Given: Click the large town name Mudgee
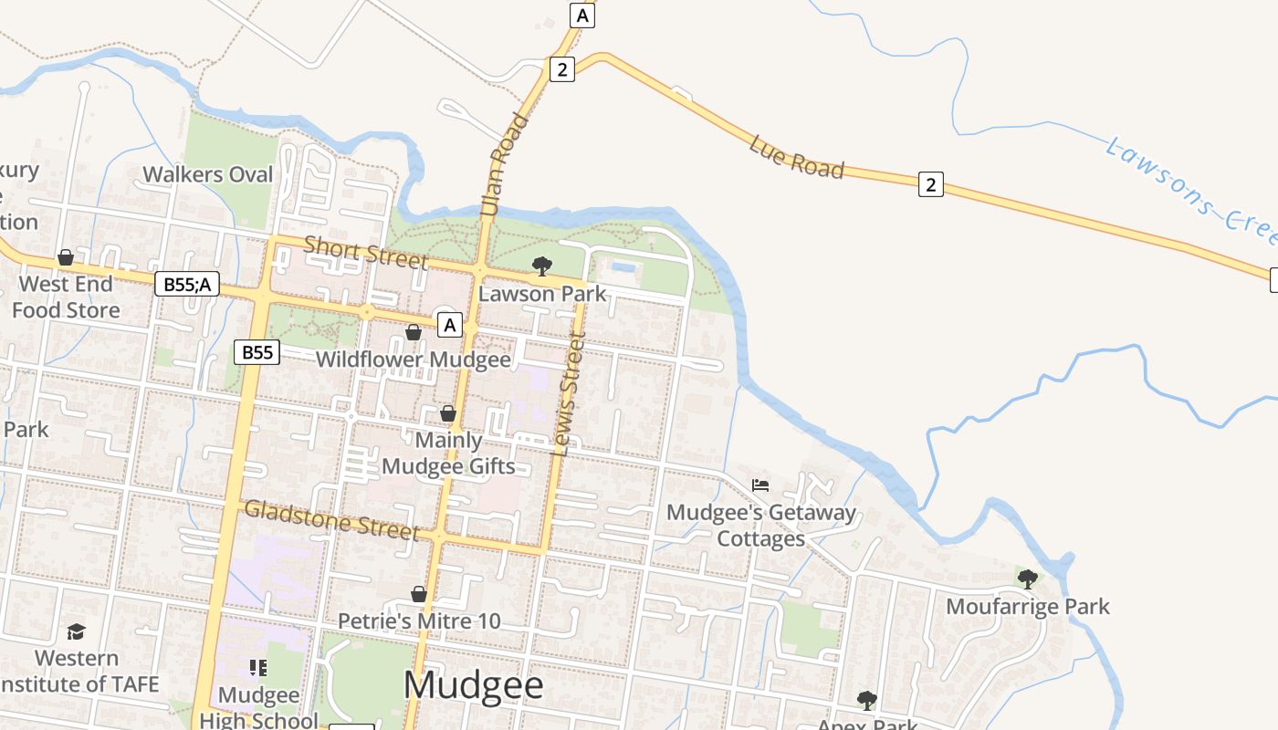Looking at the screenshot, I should pos(473,685).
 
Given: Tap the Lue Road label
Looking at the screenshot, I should pos(796,157).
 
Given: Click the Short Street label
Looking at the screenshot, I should pos(365,252).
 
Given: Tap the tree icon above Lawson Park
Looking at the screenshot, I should pos(541,266).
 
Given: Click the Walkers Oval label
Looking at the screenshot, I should pos(208,174).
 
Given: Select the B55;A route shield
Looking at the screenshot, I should pos(187,285).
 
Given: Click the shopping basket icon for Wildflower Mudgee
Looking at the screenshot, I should pos(413,332).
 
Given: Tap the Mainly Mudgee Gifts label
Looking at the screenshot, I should pos(448,454).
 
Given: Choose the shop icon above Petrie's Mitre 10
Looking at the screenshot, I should pos(419,595).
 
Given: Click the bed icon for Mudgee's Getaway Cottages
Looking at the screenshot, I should pos(759,485).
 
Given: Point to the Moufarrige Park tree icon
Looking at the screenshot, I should pos(1027,579).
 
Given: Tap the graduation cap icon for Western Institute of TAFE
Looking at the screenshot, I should pos(76,631).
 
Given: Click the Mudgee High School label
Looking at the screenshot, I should pos(258,707).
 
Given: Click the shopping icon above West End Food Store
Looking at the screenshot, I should pos(65,258).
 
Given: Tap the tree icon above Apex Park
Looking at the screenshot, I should pos(866,700).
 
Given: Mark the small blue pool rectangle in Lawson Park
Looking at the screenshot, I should pos(624,267).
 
